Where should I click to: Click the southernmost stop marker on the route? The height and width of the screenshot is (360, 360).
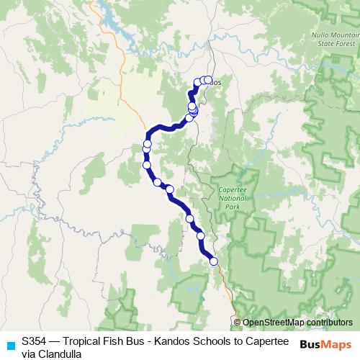pyautogui.click(x=213, y=261)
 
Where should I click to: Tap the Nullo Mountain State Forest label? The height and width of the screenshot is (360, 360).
pyautogui.click(x=333, y=40)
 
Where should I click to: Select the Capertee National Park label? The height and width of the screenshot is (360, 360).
pyautogui.click(x=232, y=197)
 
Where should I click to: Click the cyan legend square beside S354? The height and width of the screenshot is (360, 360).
pyautogui.click(x=10, y=346)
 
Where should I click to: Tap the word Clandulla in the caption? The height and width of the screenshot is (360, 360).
pyautogui.click(x=60, y=354)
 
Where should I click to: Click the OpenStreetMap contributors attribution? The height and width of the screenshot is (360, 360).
pyautogui.click(x=297, y=323)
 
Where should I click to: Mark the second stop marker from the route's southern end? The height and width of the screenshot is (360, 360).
pyautogui.click(x=201, y=236)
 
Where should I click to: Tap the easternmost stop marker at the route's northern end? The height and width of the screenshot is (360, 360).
pyautogui.click(x=209, y=80)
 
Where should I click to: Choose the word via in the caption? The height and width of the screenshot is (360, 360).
pyautogui.click(x=28, y=354)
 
